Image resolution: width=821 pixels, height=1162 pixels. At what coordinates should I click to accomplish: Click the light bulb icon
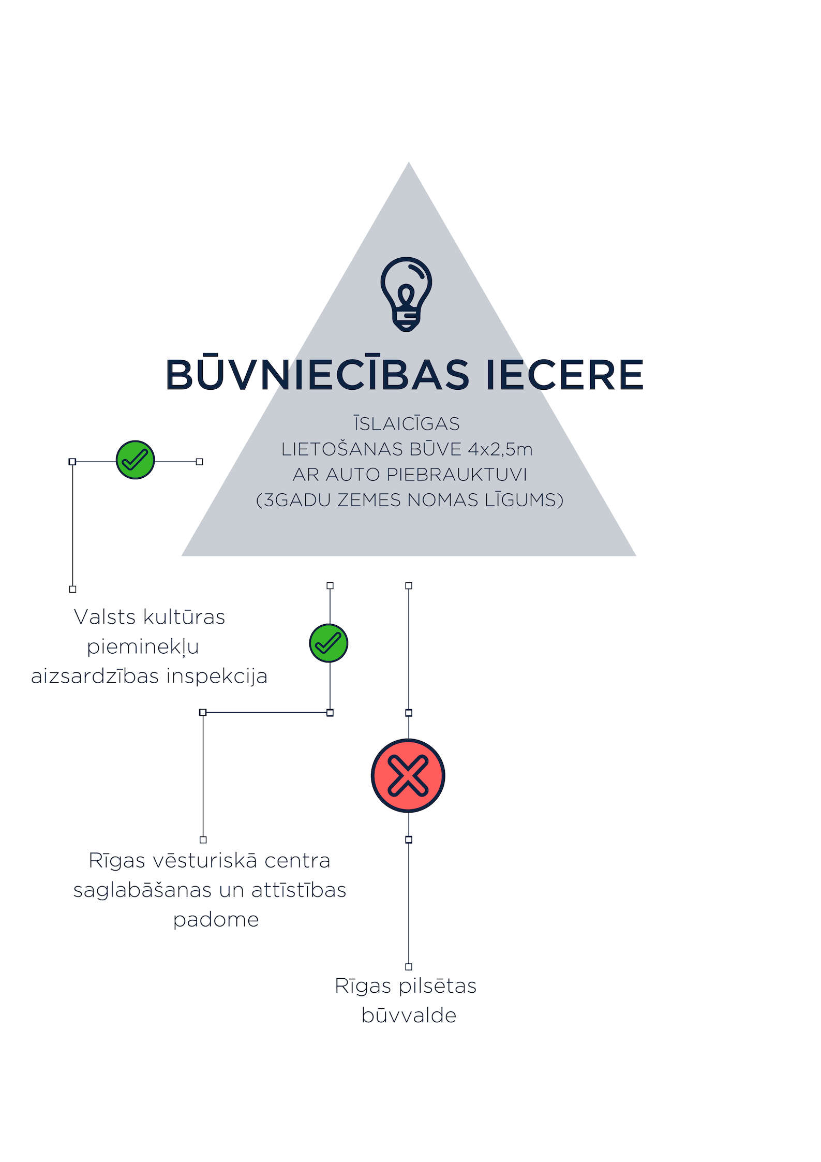(406, 293)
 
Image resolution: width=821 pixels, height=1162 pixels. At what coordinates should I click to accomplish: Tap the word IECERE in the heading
(565, 375)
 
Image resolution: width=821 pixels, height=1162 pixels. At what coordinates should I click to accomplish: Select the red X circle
(408, 775)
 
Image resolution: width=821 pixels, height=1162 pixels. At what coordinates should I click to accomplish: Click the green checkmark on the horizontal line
(136, 460)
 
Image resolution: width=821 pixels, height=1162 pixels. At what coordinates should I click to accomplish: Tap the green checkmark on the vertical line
(329, 643)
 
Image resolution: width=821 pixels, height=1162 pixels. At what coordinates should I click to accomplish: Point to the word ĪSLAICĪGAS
(407, 423)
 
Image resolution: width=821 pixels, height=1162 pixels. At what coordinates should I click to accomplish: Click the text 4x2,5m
(500, 449)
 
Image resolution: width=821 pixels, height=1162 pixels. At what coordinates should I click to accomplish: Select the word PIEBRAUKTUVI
(457, 474)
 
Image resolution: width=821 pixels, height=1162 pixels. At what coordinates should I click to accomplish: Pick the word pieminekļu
(143, 647)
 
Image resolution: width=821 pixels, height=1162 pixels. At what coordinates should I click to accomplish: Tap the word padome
(216, 920)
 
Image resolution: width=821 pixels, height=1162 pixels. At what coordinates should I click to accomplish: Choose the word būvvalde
(409, 1016)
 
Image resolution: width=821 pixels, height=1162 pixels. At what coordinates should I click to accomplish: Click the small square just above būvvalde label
(409, 966)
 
